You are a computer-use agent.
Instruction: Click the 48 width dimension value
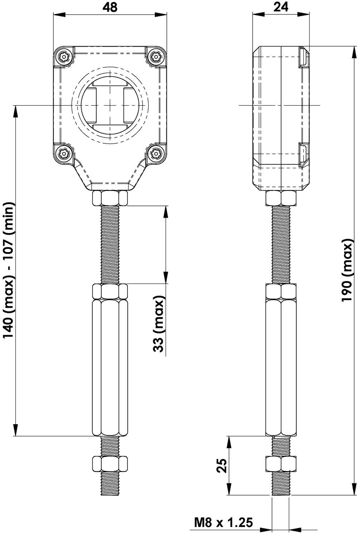click(x=110, y=7)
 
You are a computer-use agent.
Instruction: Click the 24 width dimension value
click(x=281, y=7)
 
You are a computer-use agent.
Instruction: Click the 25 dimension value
click(x=222, y=465)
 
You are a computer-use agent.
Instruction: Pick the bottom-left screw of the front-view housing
click(x=64, y=154)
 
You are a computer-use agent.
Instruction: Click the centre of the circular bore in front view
click(x=110, y=105)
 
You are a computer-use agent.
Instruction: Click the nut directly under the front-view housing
click(x=110, y=198)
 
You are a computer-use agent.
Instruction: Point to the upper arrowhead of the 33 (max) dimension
click(x=166, y=211)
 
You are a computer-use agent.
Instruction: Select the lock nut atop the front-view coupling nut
click(x=110, y=291)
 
